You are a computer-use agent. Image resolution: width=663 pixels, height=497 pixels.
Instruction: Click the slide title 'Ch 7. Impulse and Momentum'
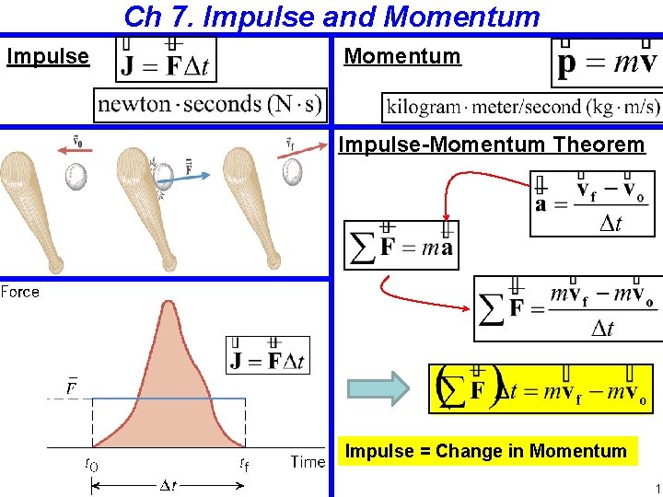click(x=331, y=17)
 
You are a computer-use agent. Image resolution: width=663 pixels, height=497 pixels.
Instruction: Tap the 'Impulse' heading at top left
click(x=48, y=57)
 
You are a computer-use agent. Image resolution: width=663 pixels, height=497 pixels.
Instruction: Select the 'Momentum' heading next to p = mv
click(x=401, y=56)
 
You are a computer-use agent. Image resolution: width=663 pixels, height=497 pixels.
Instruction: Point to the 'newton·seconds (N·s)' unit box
click(x=210, y=104)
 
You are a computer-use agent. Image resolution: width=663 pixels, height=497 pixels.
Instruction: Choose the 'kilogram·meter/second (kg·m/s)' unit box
click(x=523, y=106)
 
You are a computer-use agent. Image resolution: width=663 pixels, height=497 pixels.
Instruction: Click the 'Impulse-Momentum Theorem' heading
click(x=492, y=144)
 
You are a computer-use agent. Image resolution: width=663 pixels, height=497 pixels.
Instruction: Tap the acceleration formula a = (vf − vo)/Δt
click(x=594, y=203)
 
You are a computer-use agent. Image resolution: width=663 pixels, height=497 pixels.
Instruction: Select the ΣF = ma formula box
click(x=401, y=246)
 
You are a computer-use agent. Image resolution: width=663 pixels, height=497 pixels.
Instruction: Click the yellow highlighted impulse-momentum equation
click(x=541, y=388)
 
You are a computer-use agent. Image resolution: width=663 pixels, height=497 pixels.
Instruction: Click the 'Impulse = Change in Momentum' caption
click(x=485, y=451)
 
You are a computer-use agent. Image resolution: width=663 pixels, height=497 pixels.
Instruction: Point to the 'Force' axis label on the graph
click(x=20, y=292)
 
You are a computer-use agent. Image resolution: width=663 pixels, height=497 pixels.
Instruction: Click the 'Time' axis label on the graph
click(x=308, y=462)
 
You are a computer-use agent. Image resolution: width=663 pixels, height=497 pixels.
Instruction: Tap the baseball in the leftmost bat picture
click(x=75, y=175)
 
